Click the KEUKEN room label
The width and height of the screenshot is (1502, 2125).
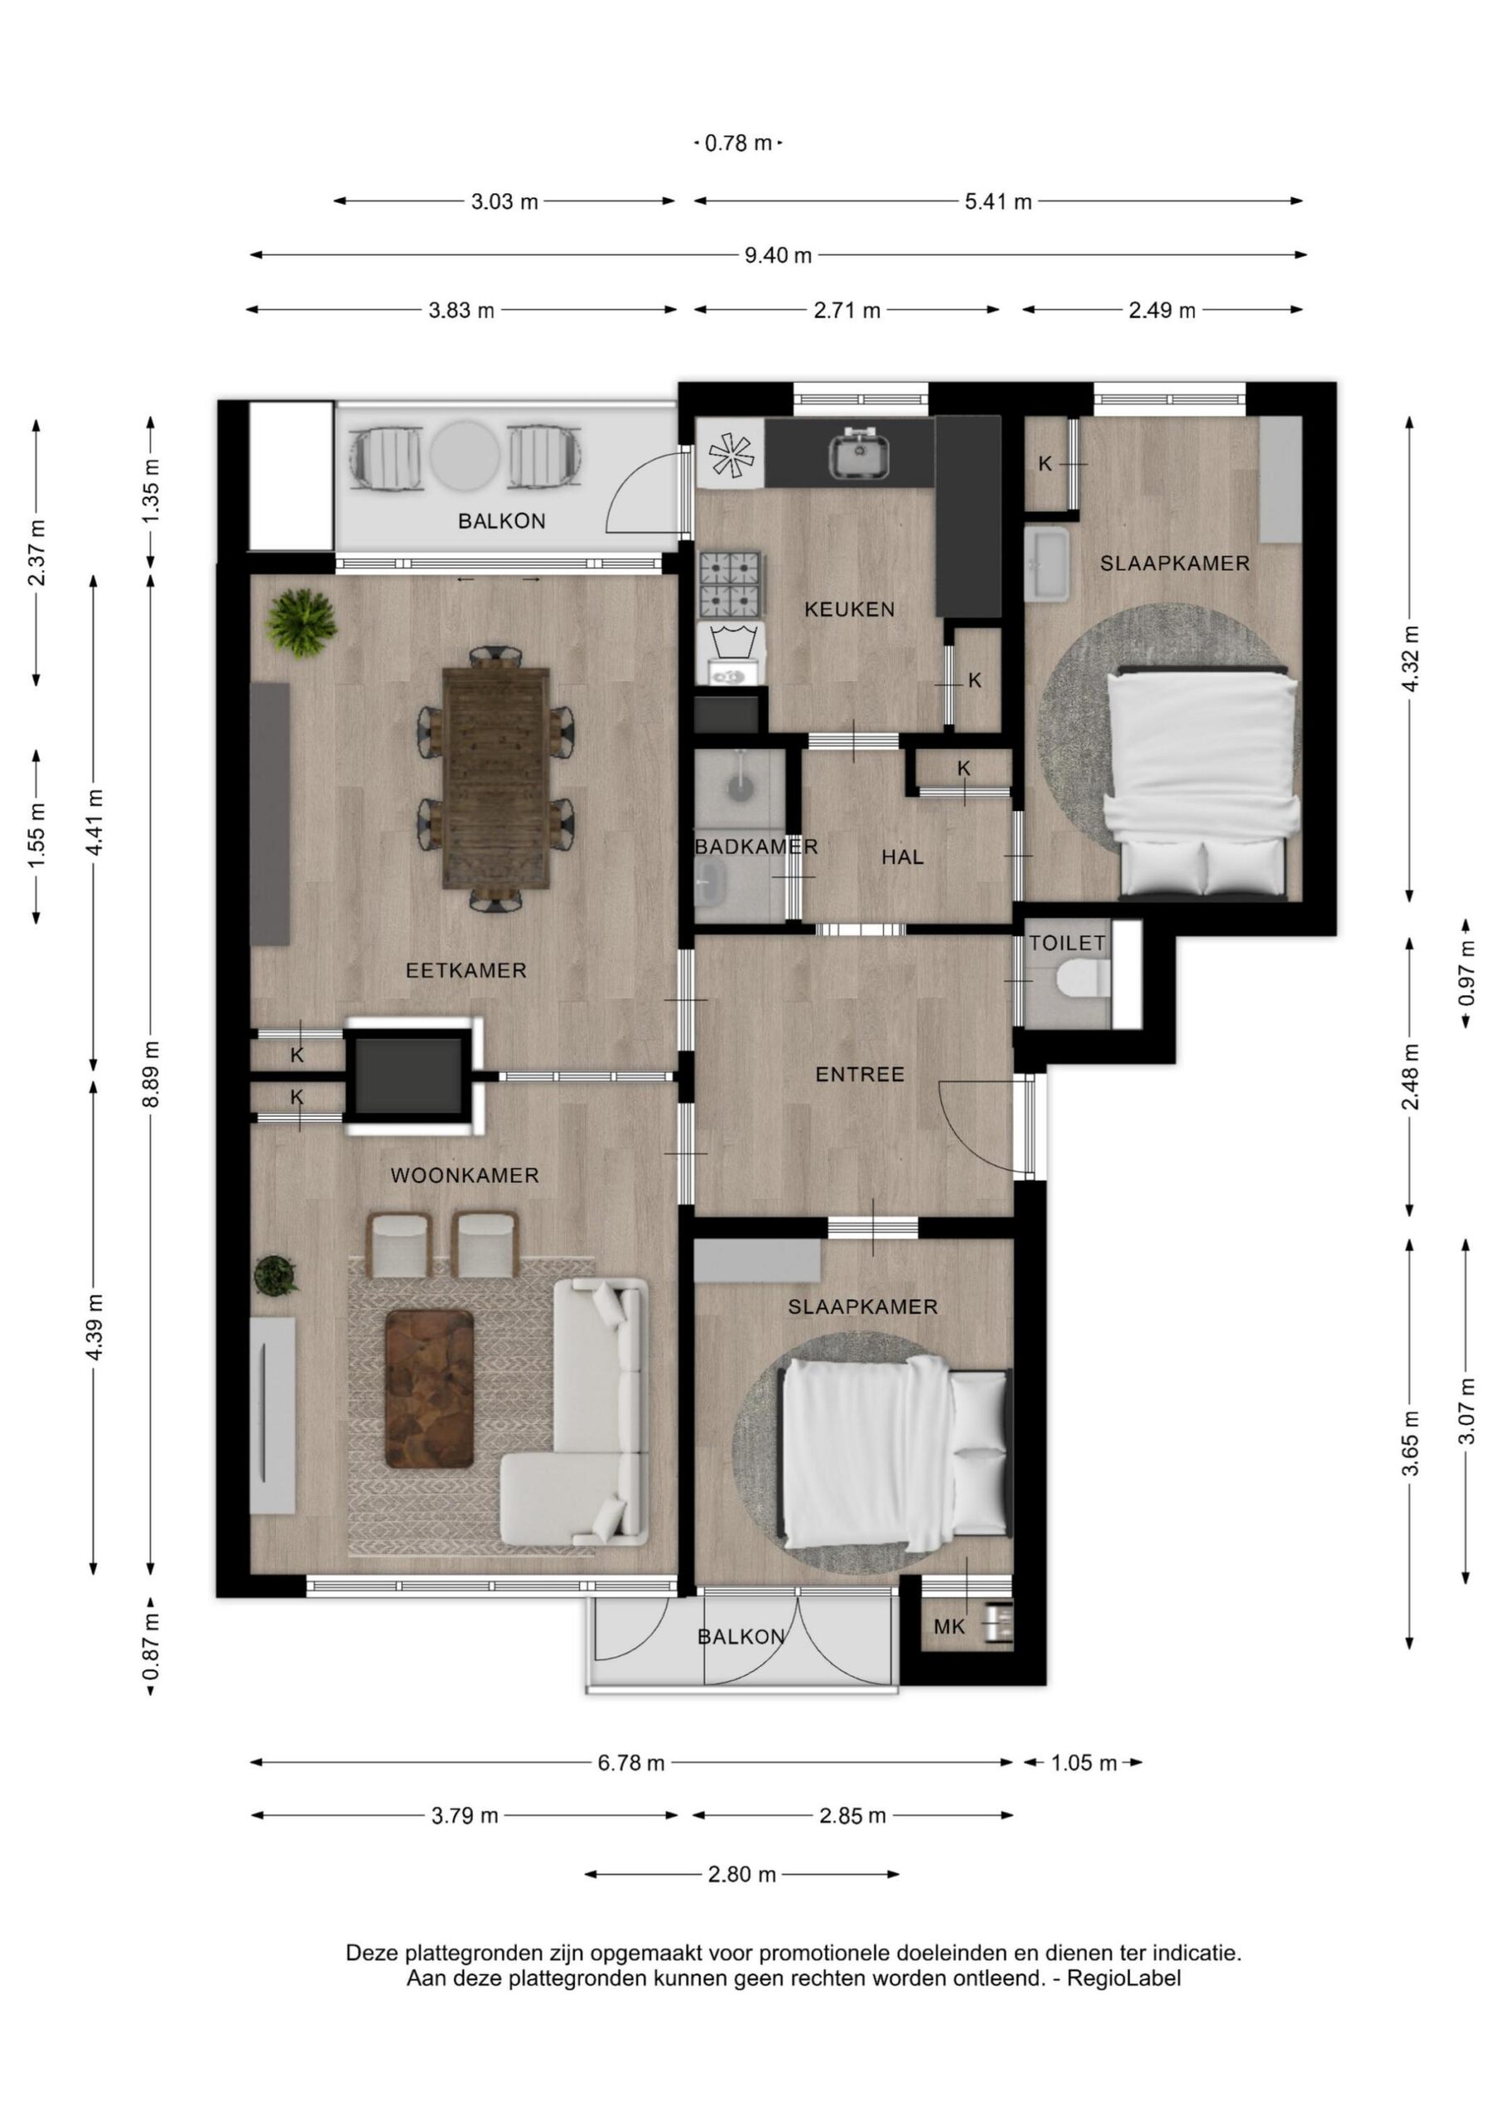(x=849, y=609)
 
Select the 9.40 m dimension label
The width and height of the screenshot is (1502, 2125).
(x=778, y=256)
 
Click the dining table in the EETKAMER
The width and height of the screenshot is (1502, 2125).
(x=495, y=779)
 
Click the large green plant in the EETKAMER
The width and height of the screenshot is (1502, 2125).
(x=300, y=623)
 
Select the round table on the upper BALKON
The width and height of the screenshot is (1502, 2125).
(x=466, y=457)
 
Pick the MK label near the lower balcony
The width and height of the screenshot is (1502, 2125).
(x=949, y=1627)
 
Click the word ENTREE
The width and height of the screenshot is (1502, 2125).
(x=859, y=1074)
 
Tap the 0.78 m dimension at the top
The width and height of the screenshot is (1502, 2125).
(x=738, y=144)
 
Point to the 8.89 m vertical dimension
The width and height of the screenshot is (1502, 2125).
(x=152, y=1073)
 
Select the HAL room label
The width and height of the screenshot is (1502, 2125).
(x=901, y=857)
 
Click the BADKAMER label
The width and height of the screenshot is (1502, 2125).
(x=756, y=846)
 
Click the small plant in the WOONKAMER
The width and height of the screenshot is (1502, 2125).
(x=276, y=1275)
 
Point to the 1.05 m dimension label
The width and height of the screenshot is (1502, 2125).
(x=1083, y=1763)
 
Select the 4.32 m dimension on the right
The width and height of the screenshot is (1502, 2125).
(x=1409, y=658)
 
